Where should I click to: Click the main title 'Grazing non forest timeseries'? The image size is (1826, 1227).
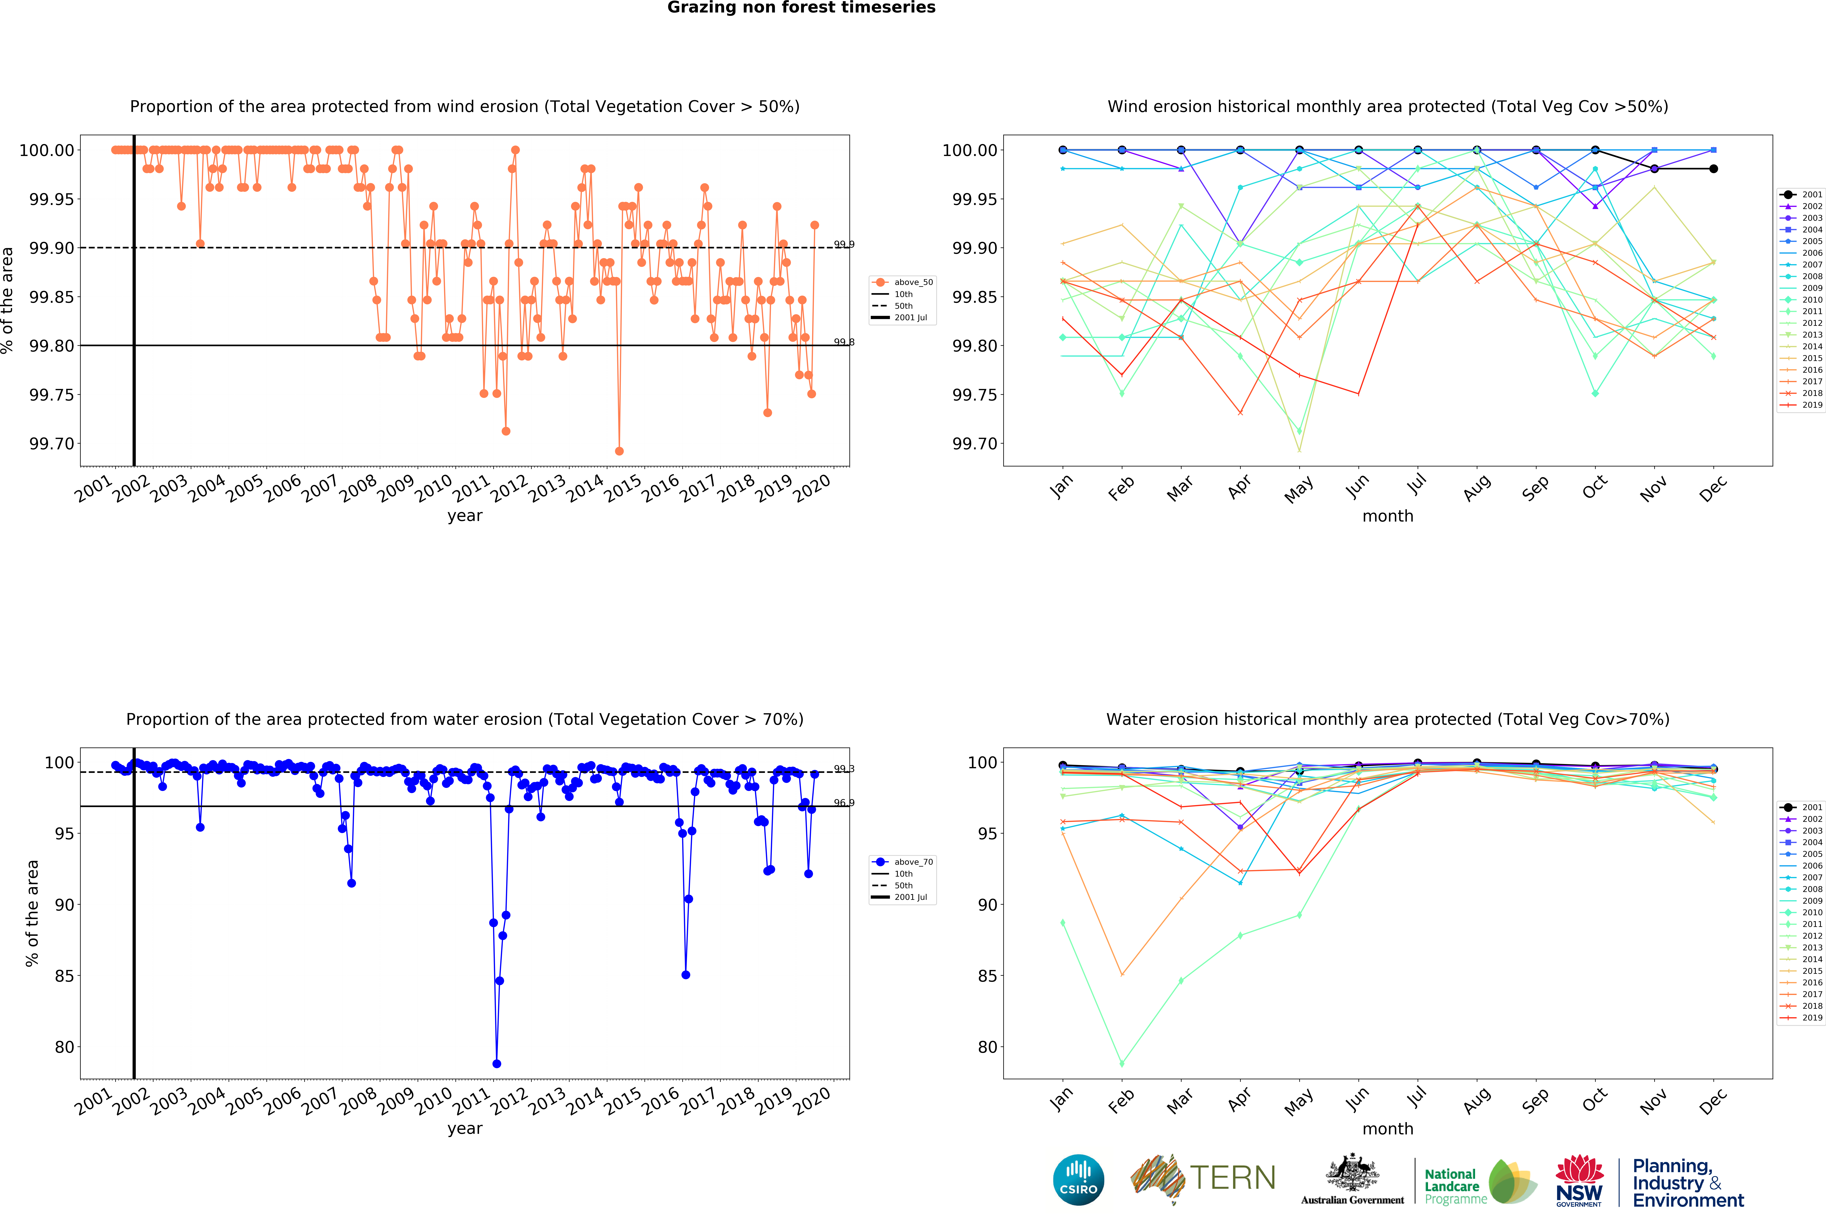click(801, 8)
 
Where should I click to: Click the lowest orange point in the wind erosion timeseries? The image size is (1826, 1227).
click(619, 451)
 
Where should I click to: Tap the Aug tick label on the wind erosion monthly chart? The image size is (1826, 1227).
click(1476, 488)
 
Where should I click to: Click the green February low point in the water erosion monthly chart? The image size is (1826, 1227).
click(1122, 1064)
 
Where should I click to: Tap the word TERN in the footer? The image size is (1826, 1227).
click(1232, 1178)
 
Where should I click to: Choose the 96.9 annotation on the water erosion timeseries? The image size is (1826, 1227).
click(843, 803)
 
